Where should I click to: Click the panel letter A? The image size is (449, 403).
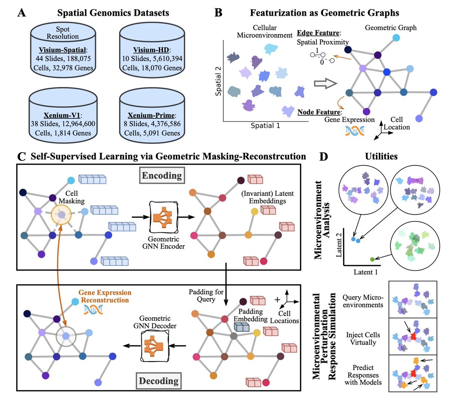[x=22, y=13]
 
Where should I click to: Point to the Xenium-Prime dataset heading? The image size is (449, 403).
[x=152, y=115]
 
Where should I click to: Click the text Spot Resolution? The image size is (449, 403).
[x=62, y=33]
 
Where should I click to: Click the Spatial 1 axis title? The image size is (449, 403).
[x=265, y=126]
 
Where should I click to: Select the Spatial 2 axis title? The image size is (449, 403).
[x=218, y=81]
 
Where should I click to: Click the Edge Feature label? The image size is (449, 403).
[x=318, y=33]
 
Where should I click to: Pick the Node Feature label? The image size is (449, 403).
[x=319, y=112]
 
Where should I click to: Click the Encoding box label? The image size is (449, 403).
[x=162, y=176]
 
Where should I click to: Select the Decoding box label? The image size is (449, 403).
[x=159, y=381]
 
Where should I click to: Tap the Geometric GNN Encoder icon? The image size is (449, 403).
[x=163, y=217]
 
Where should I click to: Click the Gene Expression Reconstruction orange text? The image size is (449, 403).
[x=105, y=296]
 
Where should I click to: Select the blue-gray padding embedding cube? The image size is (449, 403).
[x=241, y=327]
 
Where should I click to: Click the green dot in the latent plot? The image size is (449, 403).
[x=372, y=259]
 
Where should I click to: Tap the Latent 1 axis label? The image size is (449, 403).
[x=366, y=272]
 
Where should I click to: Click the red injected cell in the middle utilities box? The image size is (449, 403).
[x=413, y=337]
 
